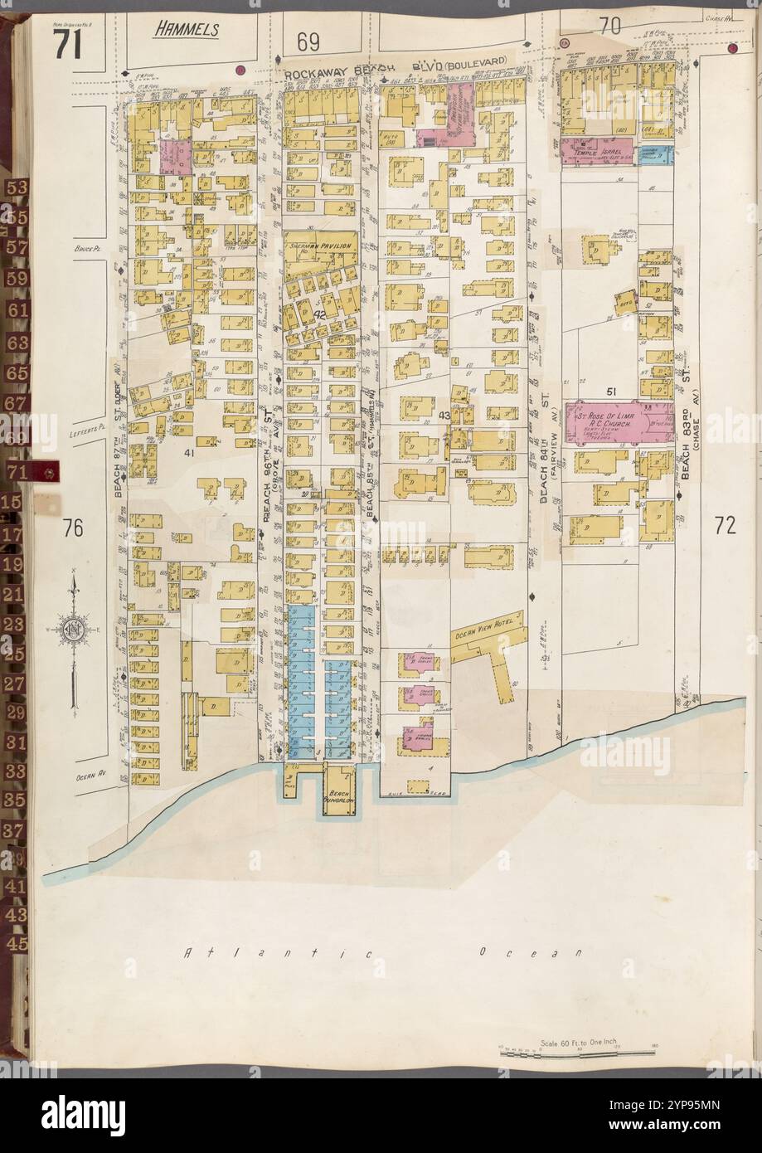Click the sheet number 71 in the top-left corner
67,43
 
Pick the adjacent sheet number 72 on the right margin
725,524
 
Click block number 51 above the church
612,391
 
